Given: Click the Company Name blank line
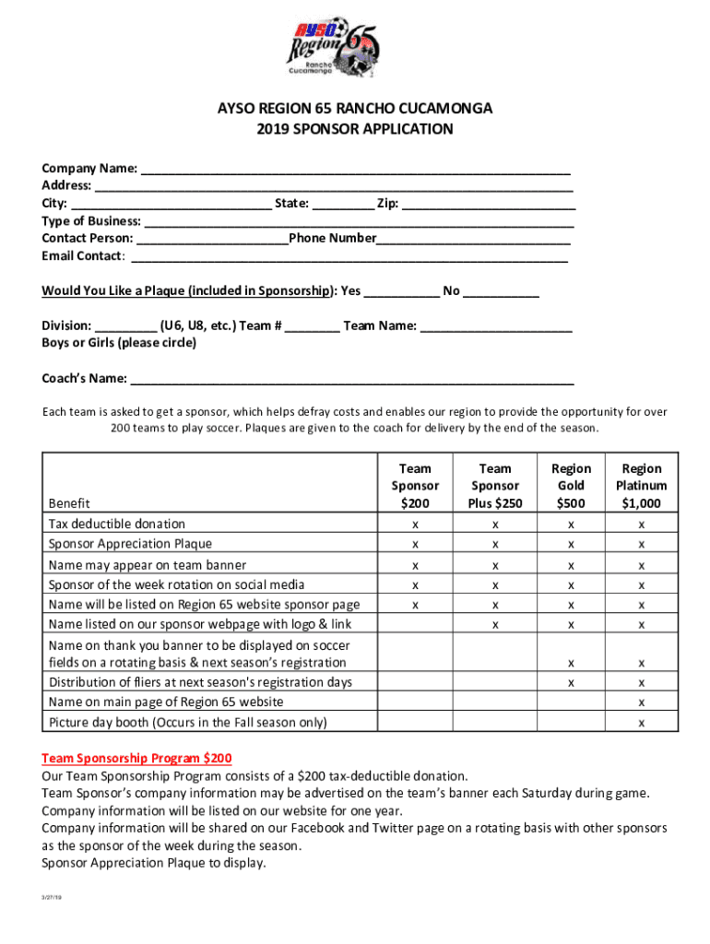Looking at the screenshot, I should click(355, 170).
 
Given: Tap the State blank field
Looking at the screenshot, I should click(343, 204).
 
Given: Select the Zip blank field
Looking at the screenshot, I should click(489, 204).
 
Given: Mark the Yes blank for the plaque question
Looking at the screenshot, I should click(402, 292).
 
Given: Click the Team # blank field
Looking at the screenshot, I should click(312, 326).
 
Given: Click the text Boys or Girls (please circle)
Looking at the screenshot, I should click(119, 343).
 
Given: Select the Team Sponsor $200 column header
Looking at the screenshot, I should click(415, 485).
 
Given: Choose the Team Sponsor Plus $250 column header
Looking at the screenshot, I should click(495, 485).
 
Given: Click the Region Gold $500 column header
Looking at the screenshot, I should click(571, 485).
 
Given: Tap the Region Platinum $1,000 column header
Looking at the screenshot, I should click(642, 485).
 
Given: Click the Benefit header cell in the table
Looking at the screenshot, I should click(70, 503).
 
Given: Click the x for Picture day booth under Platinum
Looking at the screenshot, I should click(642, 722).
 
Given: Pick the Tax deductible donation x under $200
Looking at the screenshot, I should click(415, 525).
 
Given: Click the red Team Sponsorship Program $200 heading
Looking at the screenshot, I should click(136, 758).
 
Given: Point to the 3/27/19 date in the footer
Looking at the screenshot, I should click(50, 897).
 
